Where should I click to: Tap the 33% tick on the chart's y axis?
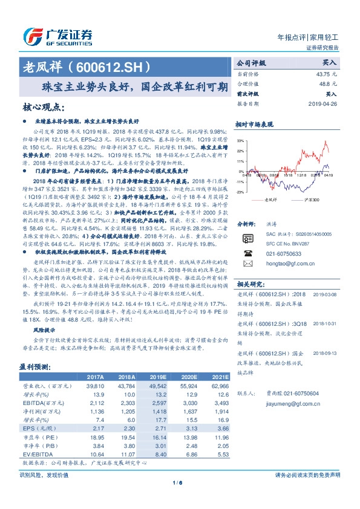(x=240, y=140)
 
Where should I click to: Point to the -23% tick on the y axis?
(x=240, y=192)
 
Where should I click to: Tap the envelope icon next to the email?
(x=246, y=264)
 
